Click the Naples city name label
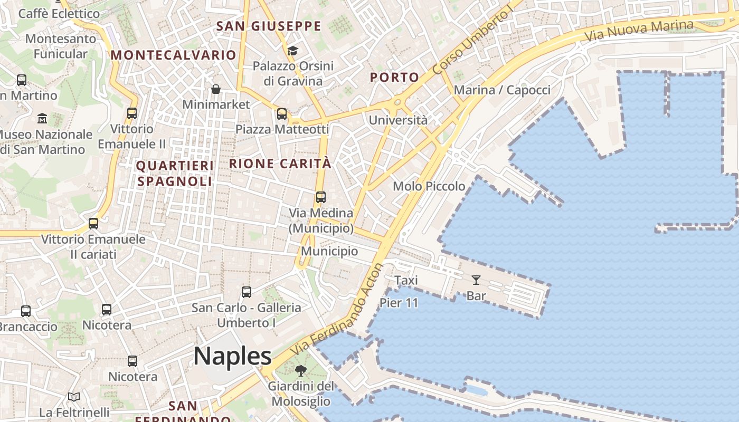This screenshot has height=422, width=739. (x=232, y=356)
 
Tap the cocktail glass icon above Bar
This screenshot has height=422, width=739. (x=476, y=280)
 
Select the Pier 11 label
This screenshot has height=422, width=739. (x=399, y=303)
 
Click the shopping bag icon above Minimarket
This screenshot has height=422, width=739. (x=216, y=89)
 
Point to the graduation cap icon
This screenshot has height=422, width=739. (x=292, y=51)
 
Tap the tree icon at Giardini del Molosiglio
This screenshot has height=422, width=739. (x=301, y=370)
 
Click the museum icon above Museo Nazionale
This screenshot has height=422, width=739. (x=42, y=118)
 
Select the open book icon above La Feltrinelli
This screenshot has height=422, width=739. (x=74, y=397)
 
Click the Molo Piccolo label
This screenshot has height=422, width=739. (x=429, y=186)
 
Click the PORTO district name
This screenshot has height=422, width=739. (x=394, y=78)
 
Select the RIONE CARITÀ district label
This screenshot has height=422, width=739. (x=280, y=164)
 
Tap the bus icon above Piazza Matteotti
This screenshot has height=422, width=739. (x=282, y=114)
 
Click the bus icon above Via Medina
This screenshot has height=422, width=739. (x=320, y=197)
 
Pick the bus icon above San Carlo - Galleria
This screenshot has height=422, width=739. (x=246, y=292)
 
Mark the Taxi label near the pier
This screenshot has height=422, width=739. (x=406, y=280)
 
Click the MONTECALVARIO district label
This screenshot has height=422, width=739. (x=173, y=55)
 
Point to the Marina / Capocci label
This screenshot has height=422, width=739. (x=502, y=90)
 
